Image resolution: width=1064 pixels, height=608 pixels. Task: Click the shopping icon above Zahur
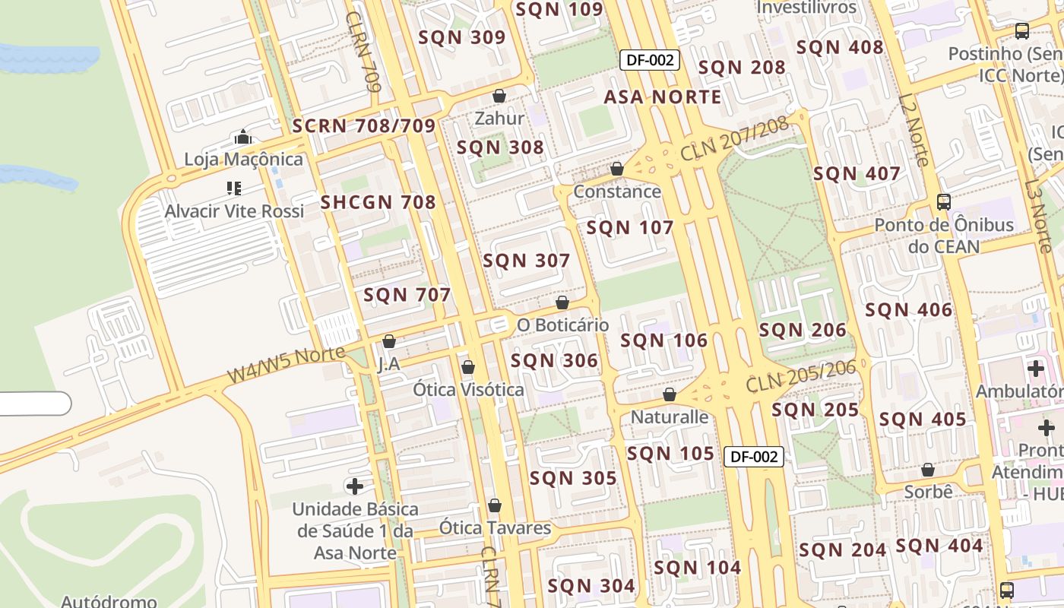[499, 96]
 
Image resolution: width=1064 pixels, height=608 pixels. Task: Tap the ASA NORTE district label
[662, 97]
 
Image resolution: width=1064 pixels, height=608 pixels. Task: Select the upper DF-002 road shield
[649, 60]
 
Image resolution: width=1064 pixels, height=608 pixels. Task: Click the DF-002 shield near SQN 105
[753, 456]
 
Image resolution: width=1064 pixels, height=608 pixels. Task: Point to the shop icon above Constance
[617, 169]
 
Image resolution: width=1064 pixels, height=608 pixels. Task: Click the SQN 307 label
[526, 261]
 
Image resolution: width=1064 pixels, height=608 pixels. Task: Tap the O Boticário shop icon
[562, 303]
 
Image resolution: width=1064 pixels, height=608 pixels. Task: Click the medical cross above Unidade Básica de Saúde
[355, 486]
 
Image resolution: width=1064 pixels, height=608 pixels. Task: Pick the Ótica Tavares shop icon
[495, 505]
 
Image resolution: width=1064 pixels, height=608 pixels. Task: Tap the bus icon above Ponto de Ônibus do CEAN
[943, 202]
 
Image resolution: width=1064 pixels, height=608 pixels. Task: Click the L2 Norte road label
[914, 129]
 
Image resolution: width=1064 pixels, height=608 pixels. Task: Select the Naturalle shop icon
[670, 394]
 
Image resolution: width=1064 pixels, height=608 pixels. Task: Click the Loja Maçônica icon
[243, 138]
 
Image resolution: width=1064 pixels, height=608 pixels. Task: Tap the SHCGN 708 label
[378, 202]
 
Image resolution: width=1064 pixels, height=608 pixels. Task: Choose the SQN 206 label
[802, 330]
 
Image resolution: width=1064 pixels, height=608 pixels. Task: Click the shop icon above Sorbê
[927, 470]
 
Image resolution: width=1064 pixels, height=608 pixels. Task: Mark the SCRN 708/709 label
[363, 126]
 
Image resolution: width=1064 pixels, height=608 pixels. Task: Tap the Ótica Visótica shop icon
[468, 368]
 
